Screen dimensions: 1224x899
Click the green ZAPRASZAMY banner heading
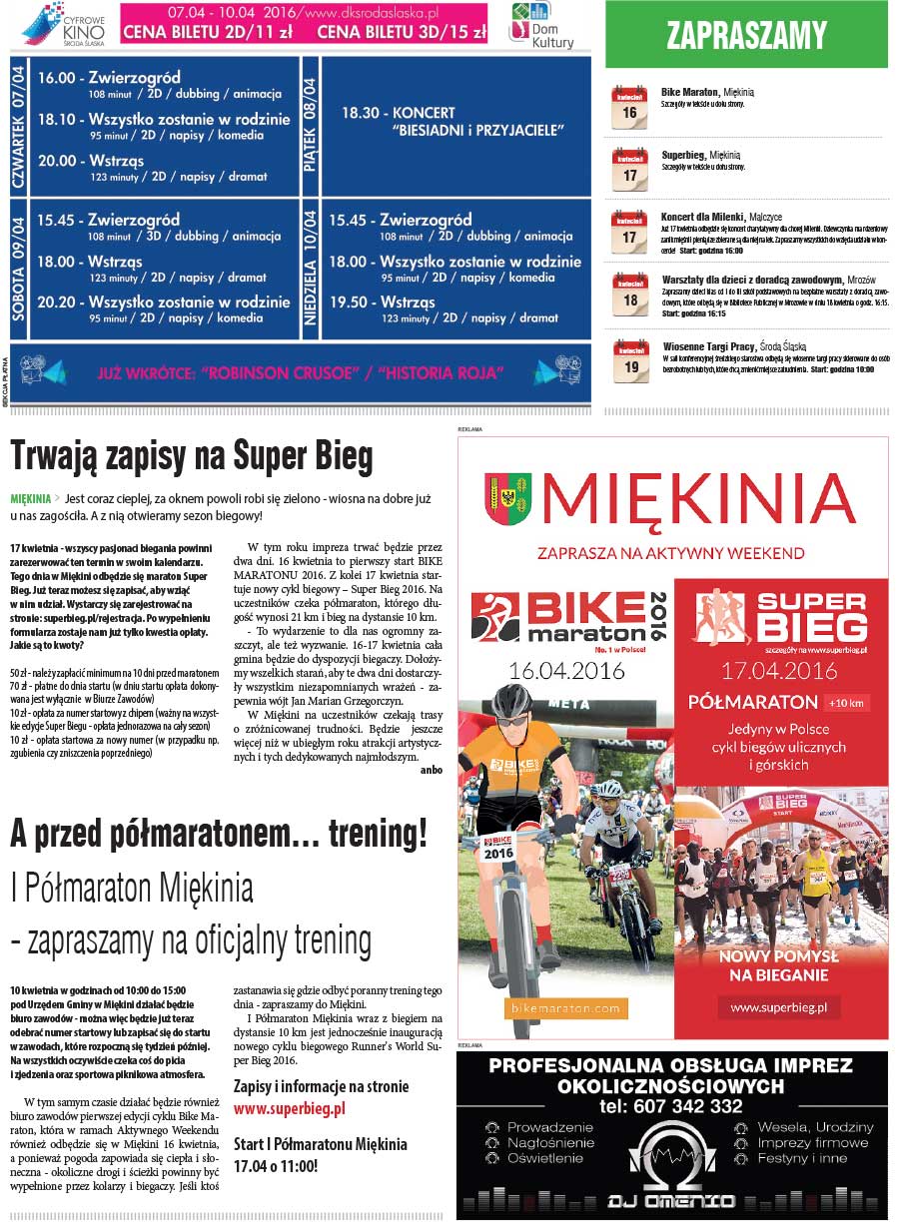pyautogui.click(x=746, y=37)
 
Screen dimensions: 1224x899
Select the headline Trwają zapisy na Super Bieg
pyautogui.click(x=192, y=456)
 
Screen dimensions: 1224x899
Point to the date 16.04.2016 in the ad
pyautogui.click(x=565, y=670)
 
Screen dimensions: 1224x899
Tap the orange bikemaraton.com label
pyautogui.click(x=565, y=1007)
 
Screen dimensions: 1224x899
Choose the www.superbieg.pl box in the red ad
pyautogui.click(x=779, y=1007)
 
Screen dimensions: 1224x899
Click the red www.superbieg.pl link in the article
pyautogui.click(x=289, y=1108)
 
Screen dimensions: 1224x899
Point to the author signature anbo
pyautogui.click(x=432, y=770)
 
